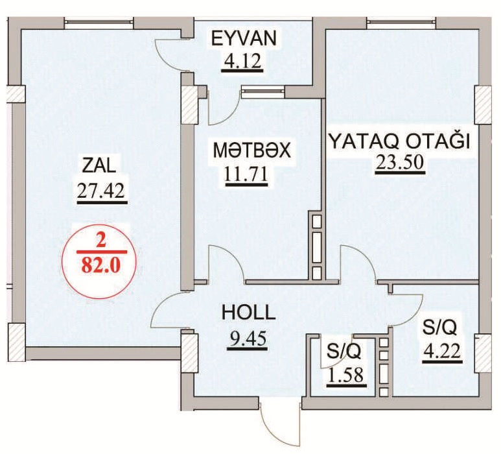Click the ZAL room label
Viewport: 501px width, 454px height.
pos(99,166)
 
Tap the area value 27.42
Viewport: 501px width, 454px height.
pos(101,192)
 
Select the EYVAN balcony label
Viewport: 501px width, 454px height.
pos(244,38)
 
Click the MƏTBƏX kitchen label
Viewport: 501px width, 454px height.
pos(251,150)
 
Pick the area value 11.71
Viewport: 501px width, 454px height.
pos(246,175)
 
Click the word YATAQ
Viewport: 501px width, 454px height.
pos(363,141)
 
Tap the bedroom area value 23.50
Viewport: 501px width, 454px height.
pos(400,162)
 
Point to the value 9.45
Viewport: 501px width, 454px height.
pos(247,338)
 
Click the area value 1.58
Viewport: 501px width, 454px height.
pos(345,375)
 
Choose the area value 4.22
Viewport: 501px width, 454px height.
pos(442,351)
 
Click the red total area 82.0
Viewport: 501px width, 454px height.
pos(101,266)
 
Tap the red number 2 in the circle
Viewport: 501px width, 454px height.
pos(101,241)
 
